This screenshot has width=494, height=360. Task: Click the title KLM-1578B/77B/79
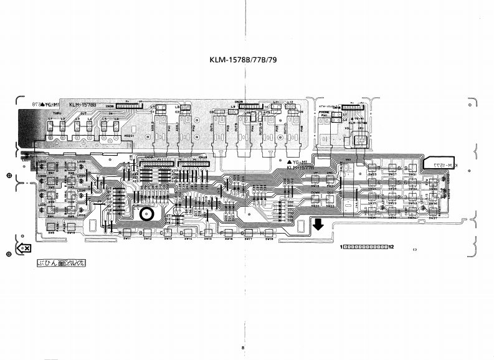246,62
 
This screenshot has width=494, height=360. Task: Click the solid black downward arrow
318,224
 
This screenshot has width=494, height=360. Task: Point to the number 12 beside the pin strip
391,247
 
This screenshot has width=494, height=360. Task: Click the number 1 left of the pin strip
342,247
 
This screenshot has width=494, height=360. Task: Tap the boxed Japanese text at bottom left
61,264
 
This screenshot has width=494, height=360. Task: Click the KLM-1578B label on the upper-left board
85,105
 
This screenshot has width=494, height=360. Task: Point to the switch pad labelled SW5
52,232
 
